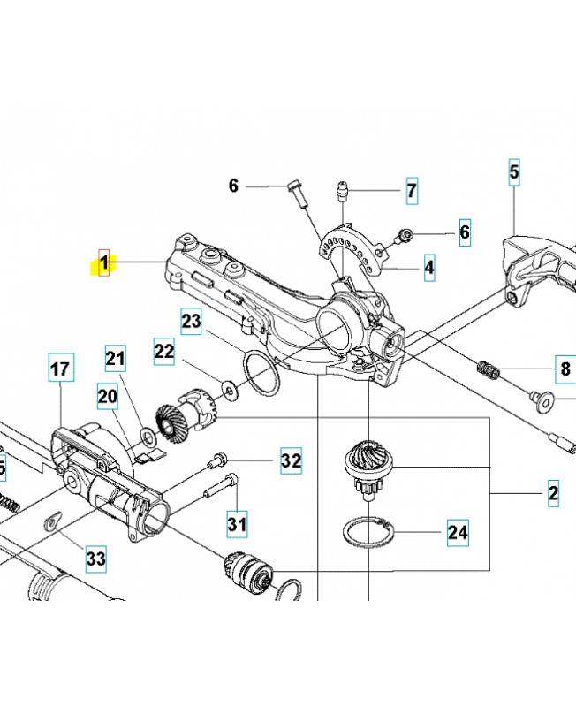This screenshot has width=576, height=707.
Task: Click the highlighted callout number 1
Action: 104,262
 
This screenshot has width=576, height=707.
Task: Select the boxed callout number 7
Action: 412,190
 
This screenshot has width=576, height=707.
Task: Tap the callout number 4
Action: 428,267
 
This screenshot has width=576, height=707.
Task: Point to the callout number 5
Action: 514,171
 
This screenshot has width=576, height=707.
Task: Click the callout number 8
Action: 565,368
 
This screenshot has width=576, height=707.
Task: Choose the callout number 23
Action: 192,322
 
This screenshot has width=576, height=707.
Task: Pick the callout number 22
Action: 164,351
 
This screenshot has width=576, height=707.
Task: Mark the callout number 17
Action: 59,369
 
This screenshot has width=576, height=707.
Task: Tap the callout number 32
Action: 292,460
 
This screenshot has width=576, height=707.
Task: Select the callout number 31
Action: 236,524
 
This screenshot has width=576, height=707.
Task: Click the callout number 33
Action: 95,559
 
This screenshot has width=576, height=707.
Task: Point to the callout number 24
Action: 457,533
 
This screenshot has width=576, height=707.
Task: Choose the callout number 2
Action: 553,492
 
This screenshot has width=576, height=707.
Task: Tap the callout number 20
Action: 107,398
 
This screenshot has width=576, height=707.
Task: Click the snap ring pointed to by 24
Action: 367,536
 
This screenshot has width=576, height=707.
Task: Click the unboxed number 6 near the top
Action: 233,186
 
